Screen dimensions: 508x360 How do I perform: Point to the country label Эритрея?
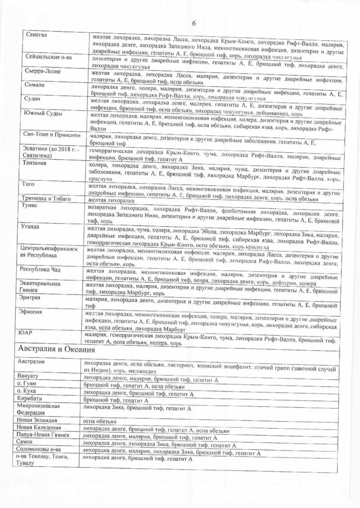pos(31,300)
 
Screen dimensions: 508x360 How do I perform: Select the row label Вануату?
pos(29,378)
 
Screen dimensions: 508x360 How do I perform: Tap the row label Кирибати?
pos(31,399)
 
